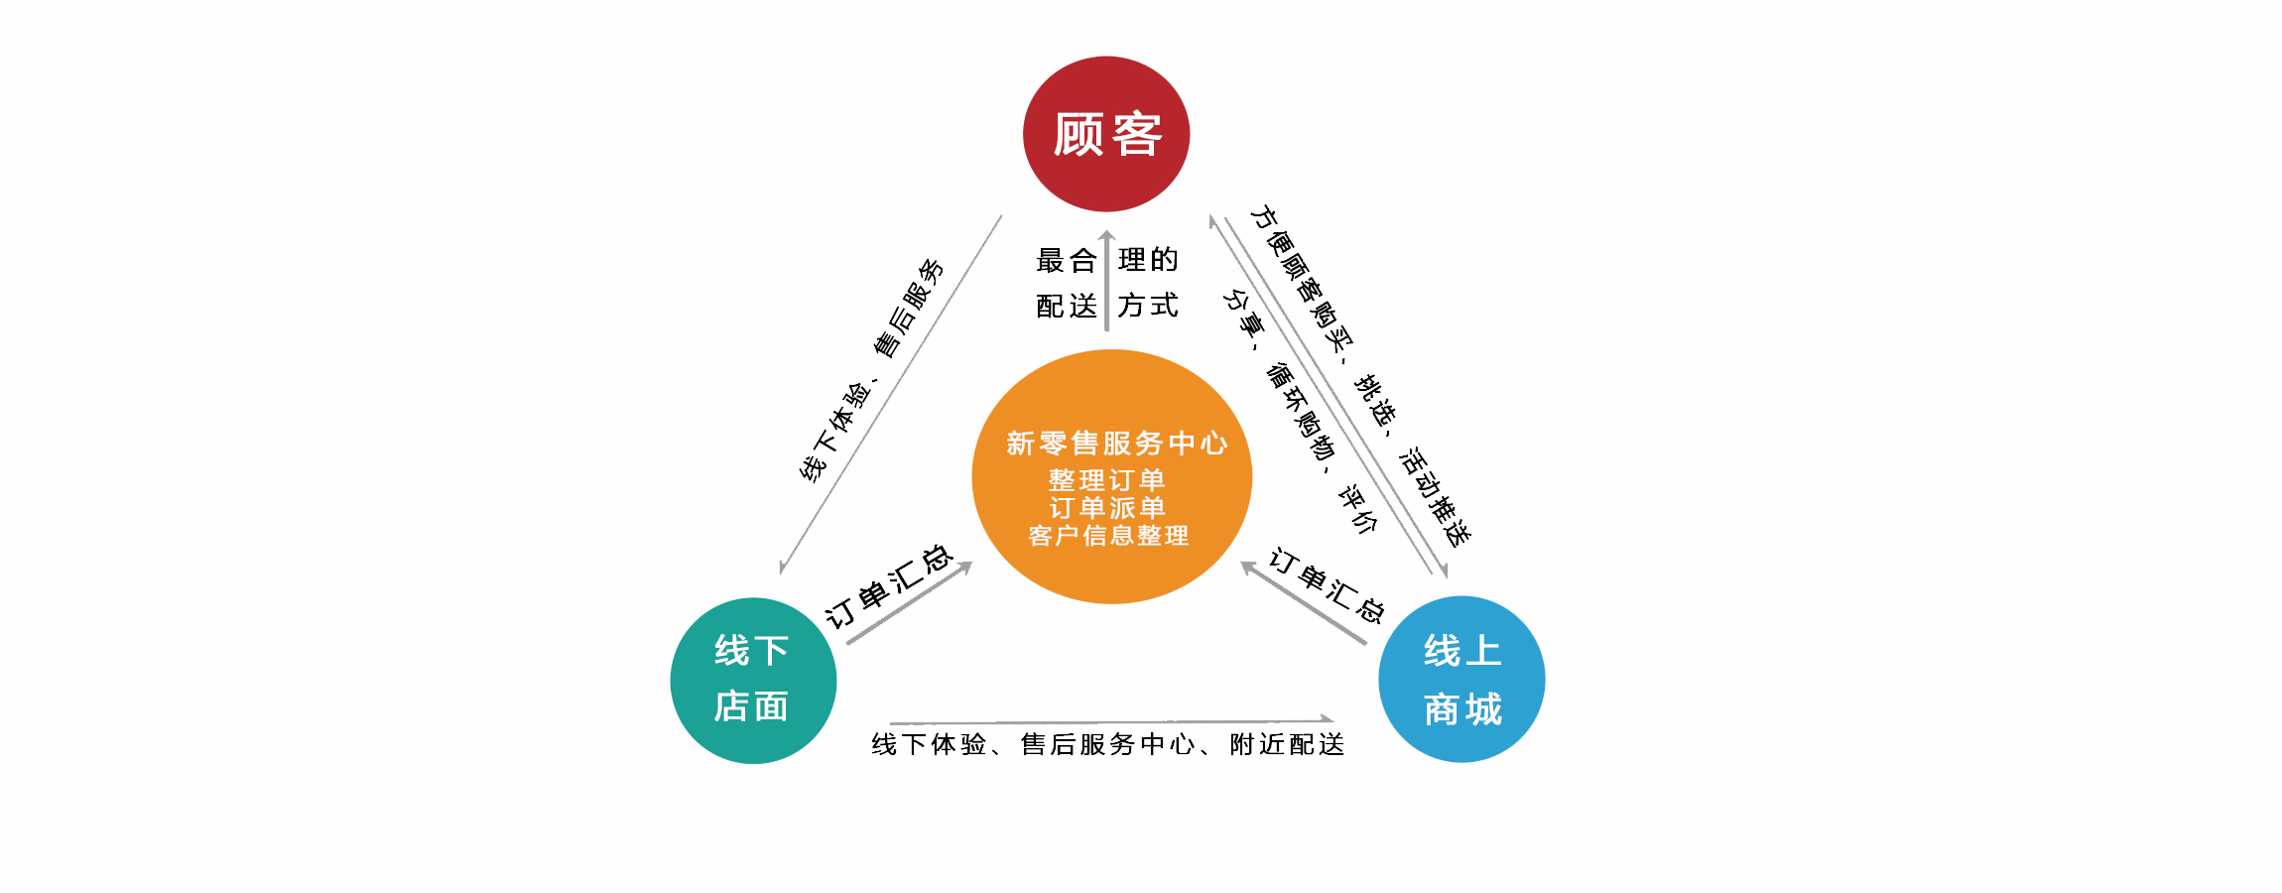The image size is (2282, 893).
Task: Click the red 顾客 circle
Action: pyautogui.click(x=1106, y=134)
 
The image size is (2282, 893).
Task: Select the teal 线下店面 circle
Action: pyautogui.click(x=753, y=681)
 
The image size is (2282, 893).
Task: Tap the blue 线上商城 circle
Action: pyautogui.click(x=1461, y=680)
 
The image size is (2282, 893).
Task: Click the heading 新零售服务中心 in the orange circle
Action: pyautogui.click(x=1116, y=443)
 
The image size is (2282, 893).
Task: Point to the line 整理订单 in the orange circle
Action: pyautogui.click(x=1106, y=480)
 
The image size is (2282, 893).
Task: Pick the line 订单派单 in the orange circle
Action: pyautogui.click(x=1106, y=508)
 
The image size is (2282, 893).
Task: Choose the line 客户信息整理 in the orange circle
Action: pyautogui.click(x=1108, y=536)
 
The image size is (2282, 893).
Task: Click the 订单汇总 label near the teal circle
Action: pyautogui.click(x=889, y=585)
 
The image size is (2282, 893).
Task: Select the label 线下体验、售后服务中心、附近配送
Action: pyautogui.click(x=1108, y=744)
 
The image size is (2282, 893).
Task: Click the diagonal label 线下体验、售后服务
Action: pyautogui.click(x=872, y=370)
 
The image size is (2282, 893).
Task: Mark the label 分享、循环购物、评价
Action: pyautogui.click(x=1300, y=411)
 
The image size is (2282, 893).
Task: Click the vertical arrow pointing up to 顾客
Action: pyautogui.click(x=1106, y=283)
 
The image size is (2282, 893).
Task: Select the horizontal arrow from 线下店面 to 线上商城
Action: pyautogui.click(x=1111, y=720)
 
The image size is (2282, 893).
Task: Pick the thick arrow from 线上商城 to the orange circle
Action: pyautogui.click(x=1304, y=603)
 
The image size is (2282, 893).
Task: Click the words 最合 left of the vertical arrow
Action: pyautogui.click(x=1067, y=260)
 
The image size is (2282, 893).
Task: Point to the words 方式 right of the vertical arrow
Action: pyautogui.click(x=1148, y=306)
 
